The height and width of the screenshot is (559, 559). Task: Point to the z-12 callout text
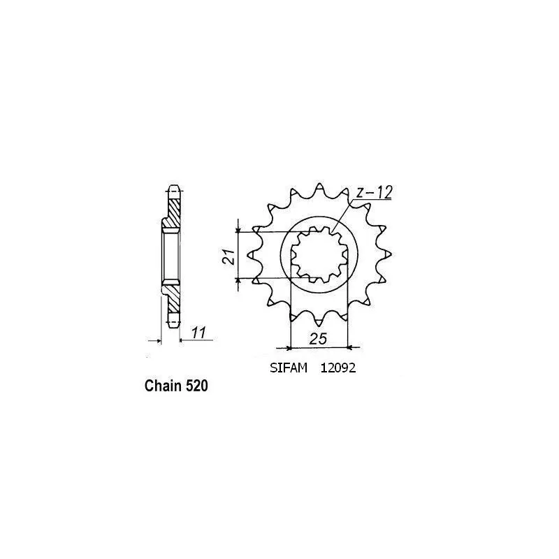[x=372, y=192]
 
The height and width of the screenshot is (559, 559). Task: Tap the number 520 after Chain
[x=197, y=386]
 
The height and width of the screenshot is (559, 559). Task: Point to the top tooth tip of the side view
[x=173, y=189]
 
